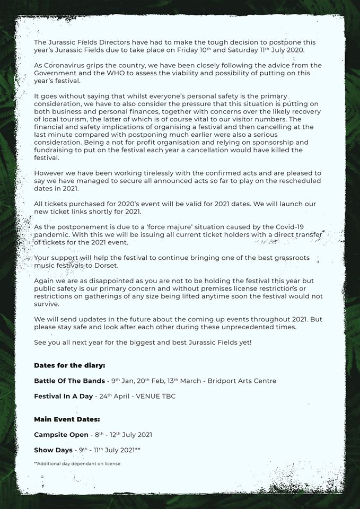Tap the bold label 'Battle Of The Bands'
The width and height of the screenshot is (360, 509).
click(x=69, y=381)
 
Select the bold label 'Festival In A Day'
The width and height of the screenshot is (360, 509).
click(x=63, y=396)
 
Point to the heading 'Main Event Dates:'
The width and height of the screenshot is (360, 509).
click(x=67, y=419)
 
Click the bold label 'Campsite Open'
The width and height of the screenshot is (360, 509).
click(x=62, y=435)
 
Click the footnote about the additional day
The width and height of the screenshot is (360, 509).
click(x=77, y=464)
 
